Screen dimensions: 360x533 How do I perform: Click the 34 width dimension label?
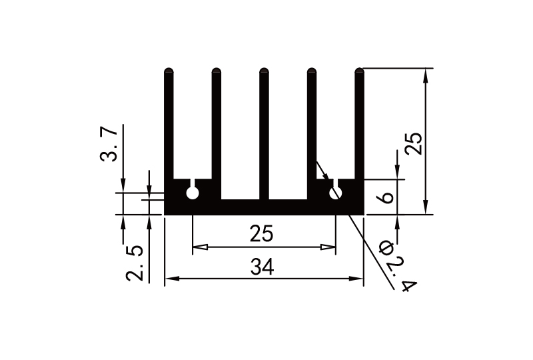point(262,267)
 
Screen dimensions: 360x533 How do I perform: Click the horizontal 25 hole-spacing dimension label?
point(262,235)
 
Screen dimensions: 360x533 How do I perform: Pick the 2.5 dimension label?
point(135,263)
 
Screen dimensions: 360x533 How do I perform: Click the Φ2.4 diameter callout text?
point(398,267)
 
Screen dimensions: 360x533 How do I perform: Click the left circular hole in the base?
point(193,193)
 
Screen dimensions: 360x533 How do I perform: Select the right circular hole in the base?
point(336,193)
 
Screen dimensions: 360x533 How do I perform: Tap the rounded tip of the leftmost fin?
point(169,70)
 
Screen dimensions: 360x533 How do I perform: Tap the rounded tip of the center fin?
point(264,70)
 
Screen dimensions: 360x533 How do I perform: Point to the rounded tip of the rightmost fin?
point(360,70)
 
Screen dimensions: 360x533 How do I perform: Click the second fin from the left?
point(217,127)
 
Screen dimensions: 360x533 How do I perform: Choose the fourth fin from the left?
point(312,127)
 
